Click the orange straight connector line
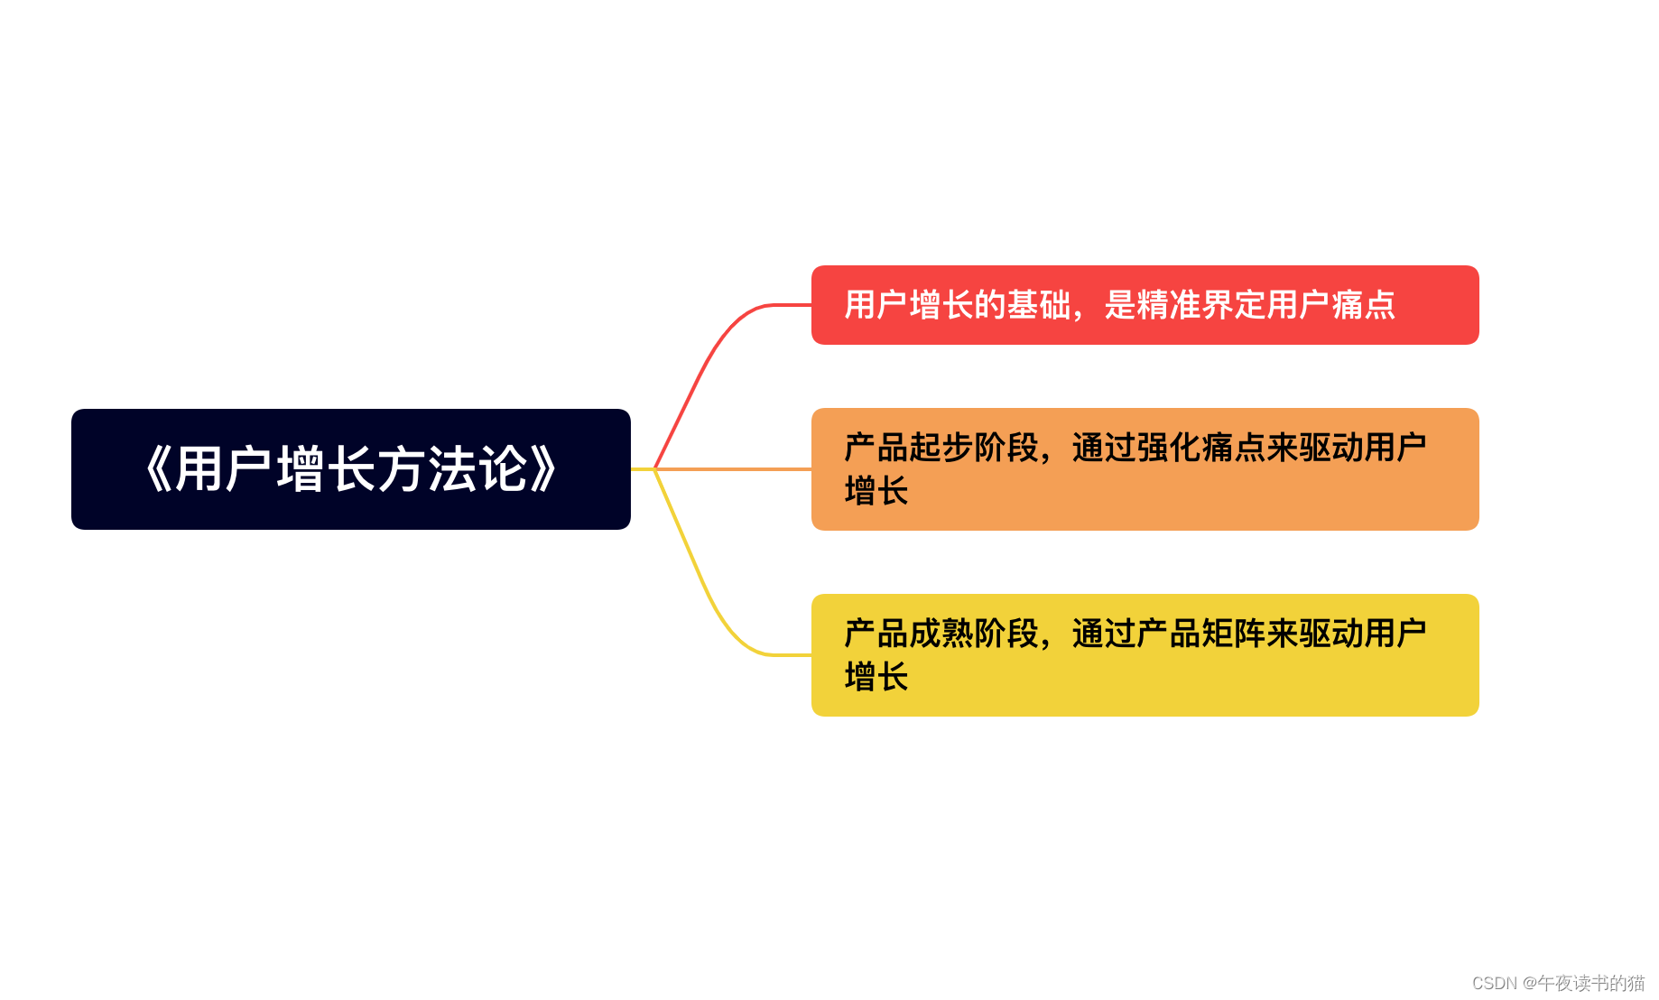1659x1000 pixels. click(x=731, y=469)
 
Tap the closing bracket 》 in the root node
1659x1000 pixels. click(x=544, y=469)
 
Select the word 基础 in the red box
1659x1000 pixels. click(x=1038, y=305)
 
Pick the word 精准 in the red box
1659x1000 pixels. click(x=1169, y=305)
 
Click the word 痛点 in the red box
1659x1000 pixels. click(x=1363, y=305)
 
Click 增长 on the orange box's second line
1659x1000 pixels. click(x=876, y=491)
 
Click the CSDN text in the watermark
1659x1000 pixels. click(x=1494, y=983)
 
